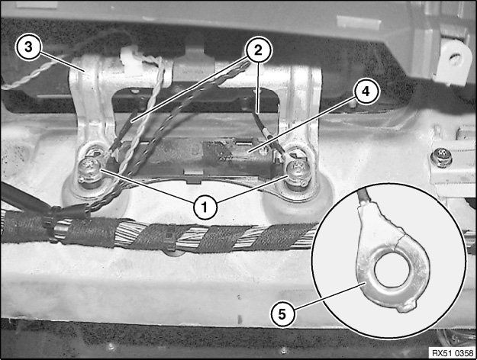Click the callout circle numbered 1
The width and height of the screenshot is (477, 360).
[205, 207]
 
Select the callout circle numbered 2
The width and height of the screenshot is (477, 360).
[258, 50]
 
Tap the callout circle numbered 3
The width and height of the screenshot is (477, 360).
[28, 47]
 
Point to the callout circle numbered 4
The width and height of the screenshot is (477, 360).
[366, 91]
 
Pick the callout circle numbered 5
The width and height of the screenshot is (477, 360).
[282, 314]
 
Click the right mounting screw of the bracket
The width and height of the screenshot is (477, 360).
[298, 173]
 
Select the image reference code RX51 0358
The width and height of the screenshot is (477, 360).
[453, 353]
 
